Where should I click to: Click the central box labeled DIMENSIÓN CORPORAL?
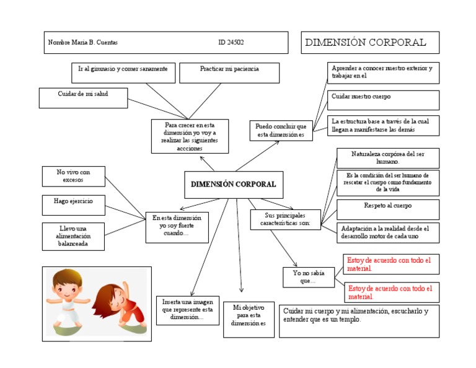pos(234,185)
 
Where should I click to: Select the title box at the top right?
pos(370,43)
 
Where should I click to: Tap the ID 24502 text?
pos(231,43)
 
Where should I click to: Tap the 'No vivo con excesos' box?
pos(73,176)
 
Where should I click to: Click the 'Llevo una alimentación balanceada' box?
pos(73,236)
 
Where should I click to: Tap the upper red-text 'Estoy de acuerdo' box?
pos(391,264)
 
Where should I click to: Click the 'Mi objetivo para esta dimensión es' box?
pos(249,319)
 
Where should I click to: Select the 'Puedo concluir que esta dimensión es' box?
pos(281,131)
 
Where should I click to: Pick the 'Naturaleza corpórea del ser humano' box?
pos(388,157)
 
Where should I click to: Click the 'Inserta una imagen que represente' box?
pos(187,310)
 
